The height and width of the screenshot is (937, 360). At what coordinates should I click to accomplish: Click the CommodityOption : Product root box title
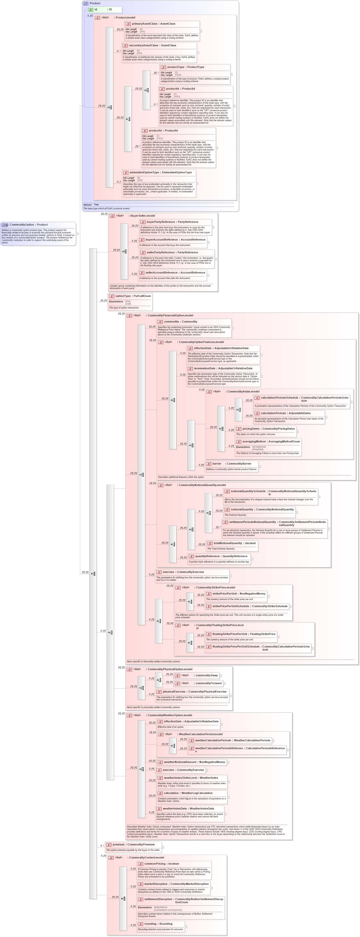point(28,225)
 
